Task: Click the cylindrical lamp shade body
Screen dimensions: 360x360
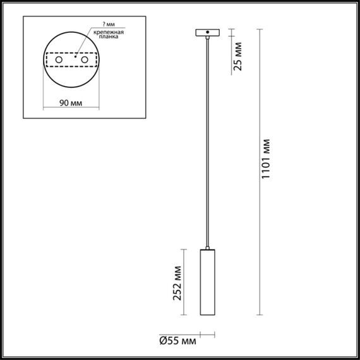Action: (207, 283)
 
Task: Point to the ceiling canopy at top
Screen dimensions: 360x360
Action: (207, 32)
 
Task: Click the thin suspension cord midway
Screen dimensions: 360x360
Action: (207, 139)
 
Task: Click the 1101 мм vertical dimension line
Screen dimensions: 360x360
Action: (260, 171)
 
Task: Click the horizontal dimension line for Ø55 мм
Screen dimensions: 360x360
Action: (207, 334)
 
